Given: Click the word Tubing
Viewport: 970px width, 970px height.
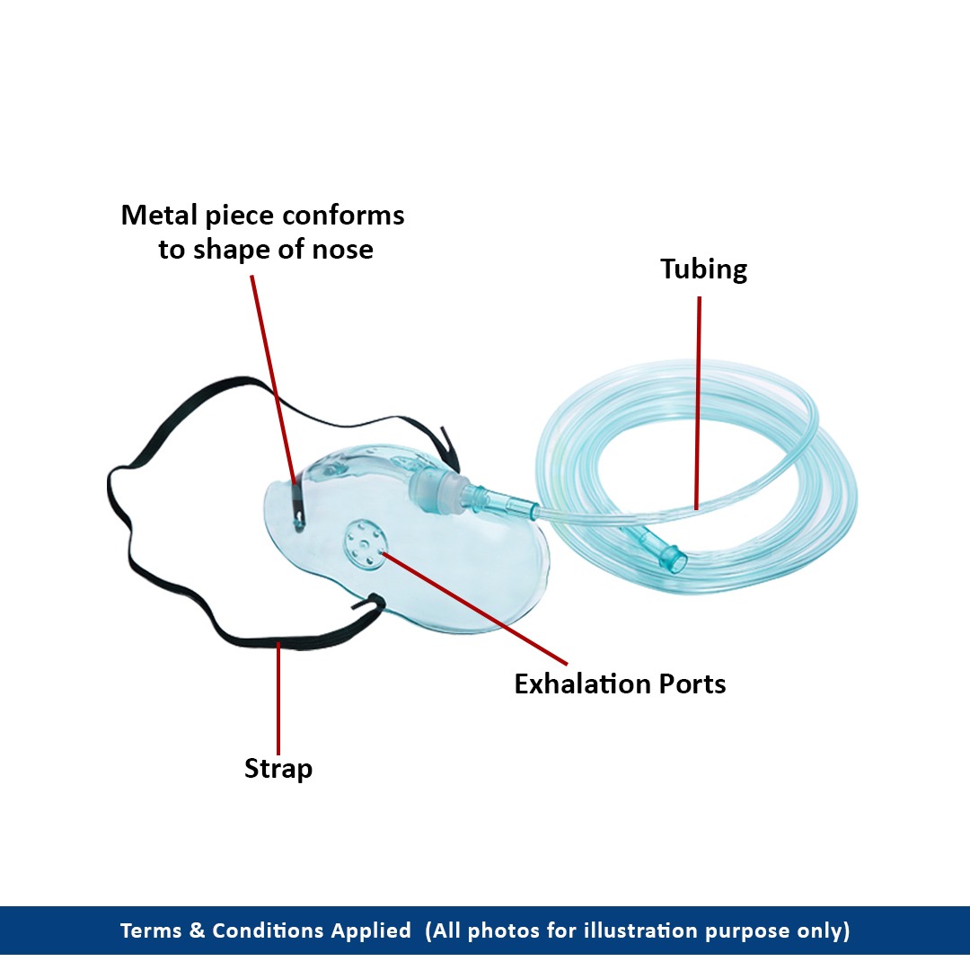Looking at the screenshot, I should point(703,269).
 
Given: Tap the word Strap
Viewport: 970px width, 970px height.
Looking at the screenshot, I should point(278,769).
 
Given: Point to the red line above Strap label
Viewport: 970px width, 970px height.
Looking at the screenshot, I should point(278,701).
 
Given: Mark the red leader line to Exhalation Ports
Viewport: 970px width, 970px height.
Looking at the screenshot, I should point(476,611).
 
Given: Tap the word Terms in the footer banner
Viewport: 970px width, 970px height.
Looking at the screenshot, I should point(152,930).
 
